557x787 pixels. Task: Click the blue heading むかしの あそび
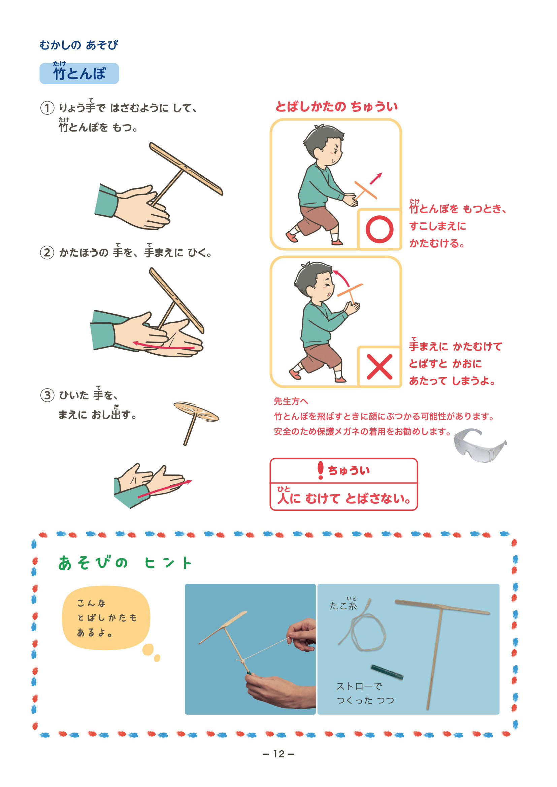point(79,45)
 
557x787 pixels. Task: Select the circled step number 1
point(47,108)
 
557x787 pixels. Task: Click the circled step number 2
point(47,253)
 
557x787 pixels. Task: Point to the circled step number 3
point(47,395)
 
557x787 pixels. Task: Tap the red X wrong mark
point(379,367)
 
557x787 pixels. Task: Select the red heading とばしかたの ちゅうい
point(336,106)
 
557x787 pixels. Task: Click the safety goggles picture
point(480,444)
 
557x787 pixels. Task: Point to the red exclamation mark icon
point(321,470)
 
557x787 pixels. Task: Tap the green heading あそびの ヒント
point(125,563)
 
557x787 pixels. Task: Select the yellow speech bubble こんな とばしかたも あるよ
point(106,618)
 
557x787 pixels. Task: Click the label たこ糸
point(343,604)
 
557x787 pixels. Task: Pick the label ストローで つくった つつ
point(365,693)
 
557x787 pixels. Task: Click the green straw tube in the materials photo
point(387,672)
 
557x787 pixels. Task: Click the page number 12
point(278,754)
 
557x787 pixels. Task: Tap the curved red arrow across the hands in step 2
point(164,347)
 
